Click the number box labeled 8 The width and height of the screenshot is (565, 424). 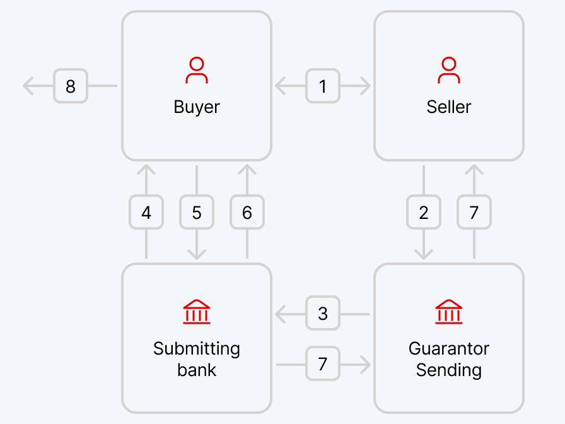click(x=71, y=86)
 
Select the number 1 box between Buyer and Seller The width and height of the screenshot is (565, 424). click(x=323, y=86)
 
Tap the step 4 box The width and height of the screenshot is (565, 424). click(x=146, y=212)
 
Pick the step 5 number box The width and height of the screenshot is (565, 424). click(x=197, y=212)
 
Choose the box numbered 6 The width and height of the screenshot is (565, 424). click(x=247, y=212)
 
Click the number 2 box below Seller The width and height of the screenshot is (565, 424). click(x=424, y=212)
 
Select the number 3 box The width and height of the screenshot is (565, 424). click(x=323, y=313)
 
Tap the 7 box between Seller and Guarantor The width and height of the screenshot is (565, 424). click(x=474, y=212)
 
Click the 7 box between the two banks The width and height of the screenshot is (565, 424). click(x=323, y=363)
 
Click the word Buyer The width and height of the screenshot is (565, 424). click(x=197, y=107)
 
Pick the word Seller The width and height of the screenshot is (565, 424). click(x=449, y=107)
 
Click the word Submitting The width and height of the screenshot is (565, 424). click(x=197, y=349)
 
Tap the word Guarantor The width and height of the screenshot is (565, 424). click(x=449, y=348)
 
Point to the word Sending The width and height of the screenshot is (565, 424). click(x=449, y=370)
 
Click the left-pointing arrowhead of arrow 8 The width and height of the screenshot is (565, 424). click(x=28, y=86)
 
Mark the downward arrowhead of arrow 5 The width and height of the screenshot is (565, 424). click(x=197, y=254)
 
